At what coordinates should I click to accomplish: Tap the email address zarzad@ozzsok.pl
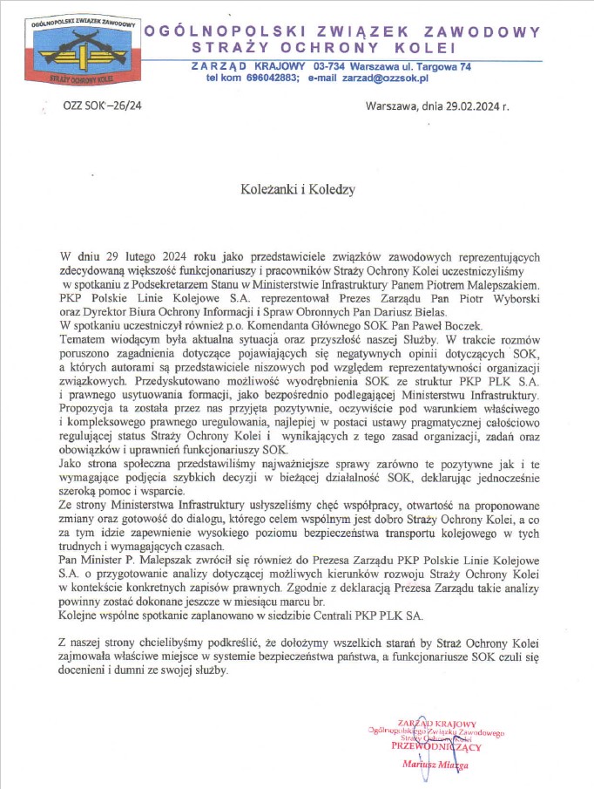click(386, 78)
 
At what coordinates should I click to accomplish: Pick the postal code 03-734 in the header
click(332, 66)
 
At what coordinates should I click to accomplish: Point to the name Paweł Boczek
click(400, 325)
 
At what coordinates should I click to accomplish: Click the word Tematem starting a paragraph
click(84, 338)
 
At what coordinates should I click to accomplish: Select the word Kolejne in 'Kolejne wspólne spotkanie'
click(80, 616)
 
